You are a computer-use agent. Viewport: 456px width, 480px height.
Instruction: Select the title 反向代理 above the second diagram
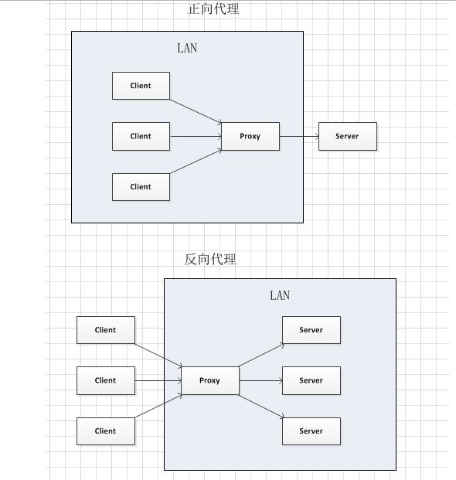click(x=210, y=259)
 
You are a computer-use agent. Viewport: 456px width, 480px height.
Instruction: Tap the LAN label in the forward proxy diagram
click(x=187, y=48)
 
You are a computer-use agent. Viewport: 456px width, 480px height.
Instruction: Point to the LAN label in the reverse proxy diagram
click(x=280, y=295)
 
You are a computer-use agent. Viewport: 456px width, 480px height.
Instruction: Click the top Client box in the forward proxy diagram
click(x=141, y=86)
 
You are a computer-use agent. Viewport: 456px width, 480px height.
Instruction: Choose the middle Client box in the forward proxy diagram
click(x=141, y=136)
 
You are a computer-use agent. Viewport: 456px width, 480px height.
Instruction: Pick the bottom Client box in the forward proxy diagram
click(x=141, y=186)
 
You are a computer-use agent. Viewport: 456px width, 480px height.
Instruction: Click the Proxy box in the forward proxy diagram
click(x=250, y=136)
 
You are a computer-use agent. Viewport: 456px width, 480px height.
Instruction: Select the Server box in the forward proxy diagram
click(x=347, y=136)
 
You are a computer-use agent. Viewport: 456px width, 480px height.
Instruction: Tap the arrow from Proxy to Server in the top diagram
click(x=299, y=136)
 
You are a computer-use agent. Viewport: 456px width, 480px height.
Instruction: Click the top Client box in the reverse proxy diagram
click(x=106, y=330)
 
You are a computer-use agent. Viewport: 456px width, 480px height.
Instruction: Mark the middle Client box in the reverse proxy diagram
click(x=106, y=380)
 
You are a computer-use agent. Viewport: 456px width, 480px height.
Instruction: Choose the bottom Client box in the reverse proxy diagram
click(x=106, y=431)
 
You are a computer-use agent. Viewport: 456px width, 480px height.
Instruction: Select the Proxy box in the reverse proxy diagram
click(x=209, y=380)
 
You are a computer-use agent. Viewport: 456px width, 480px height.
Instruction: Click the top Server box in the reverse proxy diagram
click(x=311, y=330)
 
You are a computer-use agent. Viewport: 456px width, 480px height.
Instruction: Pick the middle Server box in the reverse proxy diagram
click(x=311, y=380)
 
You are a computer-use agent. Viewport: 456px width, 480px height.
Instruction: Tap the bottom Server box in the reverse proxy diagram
click(x=311, y=431)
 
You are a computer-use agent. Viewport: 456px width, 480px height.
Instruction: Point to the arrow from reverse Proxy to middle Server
click(x=260, y=380)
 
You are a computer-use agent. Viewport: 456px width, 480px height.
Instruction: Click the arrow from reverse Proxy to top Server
click(x=260, y=356)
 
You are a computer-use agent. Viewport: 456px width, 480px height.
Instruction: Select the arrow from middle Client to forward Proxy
click(x=196, y=136)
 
